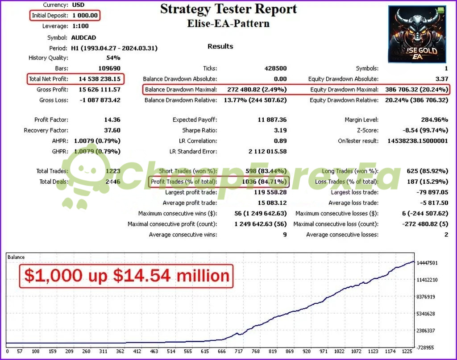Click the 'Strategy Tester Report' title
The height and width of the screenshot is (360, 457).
click(x=228, y=8)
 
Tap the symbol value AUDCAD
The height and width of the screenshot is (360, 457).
click(x=83, y=37)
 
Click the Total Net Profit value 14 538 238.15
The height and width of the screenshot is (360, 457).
click(x=100, y=79)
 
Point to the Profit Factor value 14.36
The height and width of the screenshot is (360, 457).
click(x=112, y=120)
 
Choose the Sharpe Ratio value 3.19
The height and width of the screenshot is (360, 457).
click(x=279, y=130)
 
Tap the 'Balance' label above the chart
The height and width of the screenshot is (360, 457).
click(x=17, y=257)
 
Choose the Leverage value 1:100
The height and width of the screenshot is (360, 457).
click(x=81, y=26)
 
